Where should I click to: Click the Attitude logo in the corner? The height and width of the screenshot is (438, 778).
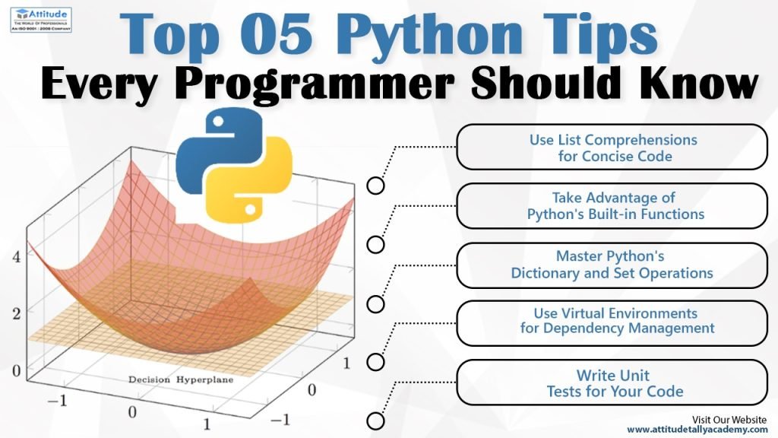[x=40, y=17]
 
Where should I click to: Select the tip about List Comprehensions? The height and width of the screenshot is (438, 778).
[x=613, y=148]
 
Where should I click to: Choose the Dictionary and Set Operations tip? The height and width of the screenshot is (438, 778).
[x=612, y=265]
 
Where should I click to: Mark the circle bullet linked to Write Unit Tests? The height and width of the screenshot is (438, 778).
[x=375, y=421]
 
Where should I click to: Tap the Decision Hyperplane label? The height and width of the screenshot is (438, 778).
[x=180, y=379]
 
